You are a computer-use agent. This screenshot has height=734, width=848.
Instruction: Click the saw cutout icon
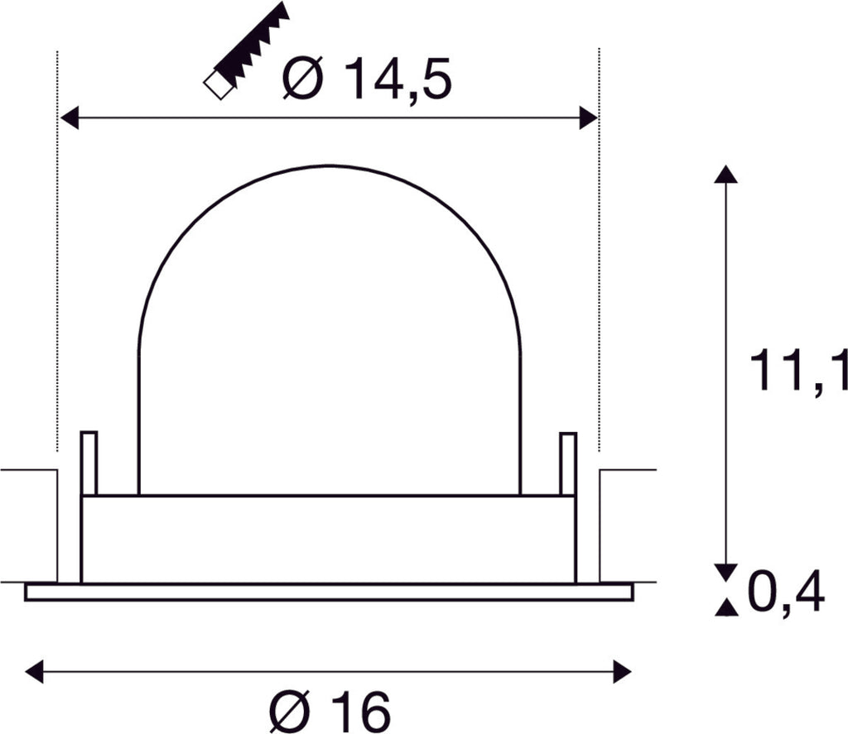coord(246,51)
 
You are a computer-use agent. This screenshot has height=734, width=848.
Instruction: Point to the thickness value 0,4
coord(786,592)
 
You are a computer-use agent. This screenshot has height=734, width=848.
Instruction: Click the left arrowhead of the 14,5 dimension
coord(70,118)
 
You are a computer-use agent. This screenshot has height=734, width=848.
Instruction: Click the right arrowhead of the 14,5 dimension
coord(588,118)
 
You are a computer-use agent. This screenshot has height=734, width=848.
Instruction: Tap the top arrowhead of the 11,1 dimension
coord(725,174)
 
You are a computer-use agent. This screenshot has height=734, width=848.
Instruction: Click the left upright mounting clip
coord(89,463)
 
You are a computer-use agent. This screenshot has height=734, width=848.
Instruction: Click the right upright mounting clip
coord(568,463)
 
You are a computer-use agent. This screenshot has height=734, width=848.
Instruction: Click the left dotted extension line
coord(57,248)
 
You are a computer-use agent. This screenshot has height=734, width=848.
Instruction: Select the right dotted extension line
coord(599,248)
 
